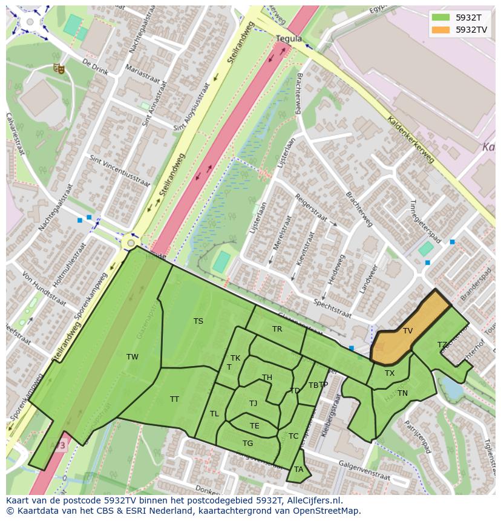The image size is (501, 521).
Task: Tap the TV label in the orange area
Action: [408, 331]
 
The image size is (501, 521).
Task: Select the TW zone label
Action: [133, 357]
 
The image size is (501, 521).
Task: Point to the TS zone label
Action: [198, 321]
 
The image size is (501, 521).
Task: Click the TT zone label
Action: [174, 399]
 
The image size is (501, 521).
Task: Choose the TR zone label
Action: [277, 329]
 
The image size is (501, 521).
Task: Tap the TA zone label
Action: [298, 470]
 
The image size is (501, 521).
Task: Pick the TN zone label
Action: [402, 393]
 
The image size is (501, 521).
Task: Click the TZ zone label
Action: [442, 345]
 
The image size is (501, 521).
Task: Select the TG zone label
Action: [247, 444]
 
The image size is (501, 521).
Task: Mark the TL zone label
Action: [214, 414]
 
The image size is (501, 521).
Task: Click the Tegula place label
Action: [289, 38]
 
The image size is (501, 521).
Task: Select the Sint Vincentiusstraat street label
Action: [119, 171]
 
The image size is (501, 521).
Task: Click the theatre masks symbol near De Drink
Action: [59, 68]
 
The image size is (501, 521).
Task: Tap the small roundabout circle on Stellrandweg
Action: [130, 243]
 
